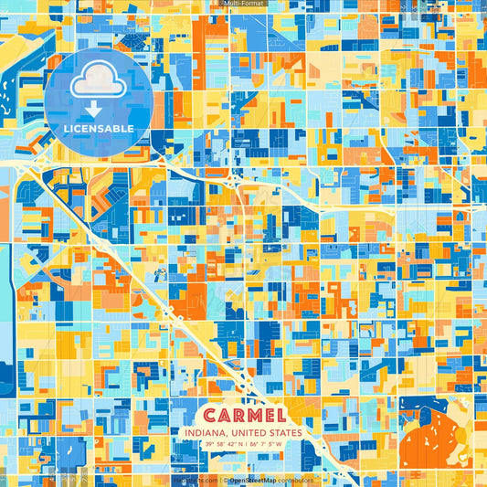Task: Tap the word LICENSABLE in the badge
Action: click(x=99, y=128)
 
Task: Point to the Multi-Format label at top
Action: click(x=243, y=4)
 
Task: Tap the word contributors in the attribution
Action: click(x=296, y=480)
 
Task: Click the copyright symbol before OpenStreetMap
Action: click(x=224, y=480)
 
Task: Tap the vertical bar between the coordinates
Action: click(x=246, y=445)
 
